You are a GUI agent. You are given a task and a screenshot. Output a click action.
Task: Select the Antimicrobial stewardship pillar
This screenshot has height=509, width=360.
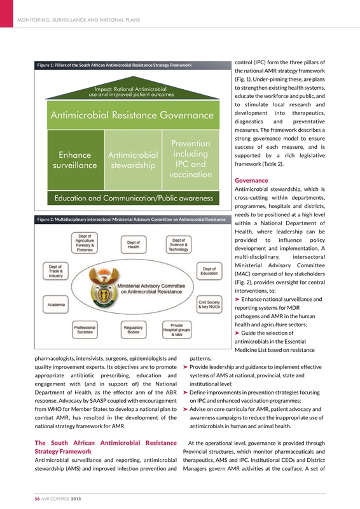click(133, 160)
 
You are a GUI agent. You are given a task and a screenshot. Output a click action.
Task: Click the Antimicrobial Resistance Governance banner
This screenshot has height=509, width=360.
click(132, 116)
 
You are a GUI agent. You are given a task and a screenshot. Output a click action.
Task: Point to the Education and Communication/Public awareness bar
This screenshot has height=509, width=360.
click(132, 198)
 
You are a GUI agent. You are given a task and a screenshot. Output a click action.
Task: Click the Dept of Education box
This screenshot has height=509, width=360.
click(209, 271)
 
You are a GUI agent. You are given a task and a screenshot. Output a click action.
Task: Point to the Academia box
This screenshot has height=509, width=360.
click(58, 305)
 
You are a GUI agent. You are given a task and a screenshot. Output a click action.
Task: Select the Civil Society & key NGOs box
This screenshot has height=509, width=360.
click(210, 304)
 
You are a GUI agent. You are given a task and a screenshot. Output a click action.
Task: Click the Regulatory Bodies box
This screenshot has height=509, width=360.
click(135, 329)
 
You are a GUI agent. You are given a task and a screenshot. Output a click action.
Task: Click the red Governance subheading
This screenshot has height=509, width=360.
click(251, 180)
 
